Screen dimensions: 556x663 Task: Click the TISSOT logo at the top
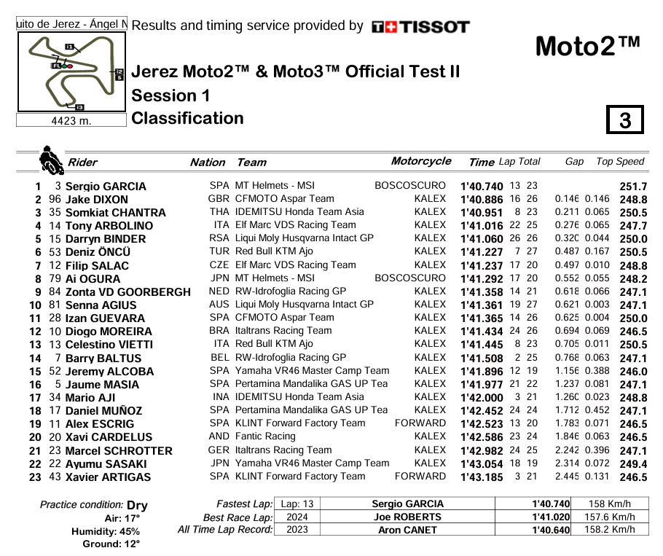[x=420, y=27]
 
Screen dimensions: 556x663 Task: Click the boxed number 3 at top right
[x=625, y=120]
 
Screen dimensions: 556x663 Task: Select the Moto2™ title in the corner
[x=588, y=46]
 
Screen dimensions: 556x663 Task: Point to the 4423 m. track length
[x=71, y=121]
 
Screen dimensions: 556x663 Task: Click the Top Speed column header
[x=620, y=162]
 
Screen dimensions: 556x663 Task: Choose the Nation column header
[x=208, y=163]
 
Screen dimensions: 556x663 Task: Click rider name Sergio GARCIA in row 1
[x=106, y=187]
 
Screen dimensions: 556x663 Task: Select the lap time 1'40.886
[x=482, y=200]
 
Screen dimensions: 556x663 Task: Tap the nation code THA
[x=219, y=212]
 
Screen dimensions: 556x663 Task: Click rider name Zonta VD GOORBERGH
[x=127, y=292]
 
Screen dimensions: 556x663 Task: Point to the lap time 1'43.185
[x=482, y=477]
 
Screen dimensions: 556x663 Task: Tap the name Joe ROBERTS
[x=407, y=517]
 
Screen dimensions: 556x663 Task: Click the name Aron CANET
[x=407, y=530]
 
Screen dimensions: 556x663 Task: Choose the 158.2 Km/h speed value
[x=610, y=530]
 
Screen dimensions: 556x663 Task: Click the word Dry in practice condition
[x=137, y=505]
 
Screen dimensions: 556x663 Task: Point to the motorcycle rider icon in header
[x=51, y=160]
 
